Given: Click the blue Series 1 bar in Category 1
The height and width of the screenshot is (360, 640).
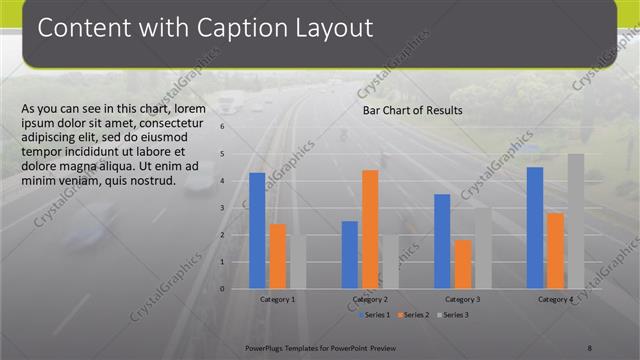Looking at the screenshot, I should (x=257, y=231).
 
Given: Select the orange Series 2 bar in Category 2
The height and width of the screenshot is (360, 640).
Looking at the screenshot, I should (x=370, y=229).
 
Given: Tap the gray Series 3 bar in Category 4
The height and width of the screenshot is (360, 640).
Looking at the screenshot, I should (x=576, y=221).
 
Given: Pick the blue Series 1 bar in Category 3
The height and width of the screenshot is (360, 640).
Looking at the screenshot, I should (x=442, y=241).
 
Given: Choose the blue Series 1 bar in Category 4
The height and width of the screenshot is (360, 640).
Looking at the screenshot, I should (x=535, y=228).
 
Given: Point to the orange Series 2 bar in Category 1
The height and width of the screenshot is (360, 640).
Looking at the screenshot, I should (x=278, y=256).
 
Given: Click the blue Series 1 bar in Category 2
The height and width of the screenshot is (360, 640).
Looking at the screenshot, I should (x=350, y=255).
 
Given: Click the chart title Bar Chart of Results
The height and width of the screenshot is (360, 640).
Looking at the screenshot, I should (x=412, y=110).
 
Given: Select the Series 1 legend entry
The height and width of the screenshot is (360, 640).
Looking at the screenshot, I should (x=377, y=315).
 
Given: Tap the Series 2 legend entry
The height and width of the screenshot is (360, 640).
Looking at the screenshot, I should (x=415, y=315).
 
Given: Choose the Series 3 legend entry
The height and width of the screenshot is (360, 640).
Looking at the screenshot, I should (x=453, y=315).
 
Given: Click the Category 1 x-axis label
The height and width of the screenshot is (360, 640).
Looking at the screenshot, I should (x=277, y=299).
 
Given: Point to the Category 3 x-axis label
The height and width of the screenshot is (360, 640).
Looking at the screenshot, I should (x=462, y=299).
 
